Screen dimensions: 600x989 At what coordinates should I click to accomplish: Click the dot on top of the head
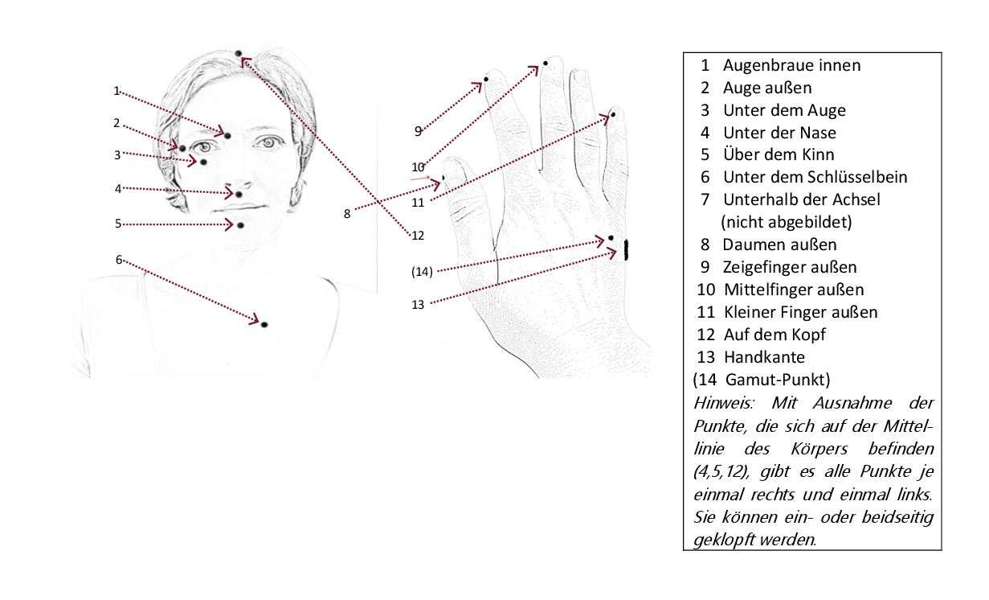tap(239, 54)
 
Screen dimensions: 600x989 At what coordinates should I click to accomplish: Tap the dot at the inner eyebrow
tap(227, 135)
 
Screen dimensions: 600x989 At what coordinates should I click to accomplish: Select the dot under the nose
tap(239, 195)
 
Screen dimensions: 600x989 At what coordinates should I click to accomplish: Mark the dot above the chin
tap(239, 225)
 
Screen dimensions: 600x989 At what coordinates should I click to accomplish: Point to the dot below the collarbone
tap(264, 324)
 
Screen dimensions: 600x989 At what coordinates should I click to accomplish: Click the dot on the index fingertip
tap(487, 80)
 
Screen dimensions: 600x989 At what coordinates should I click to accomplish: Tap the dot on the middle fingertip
tap(546, 63)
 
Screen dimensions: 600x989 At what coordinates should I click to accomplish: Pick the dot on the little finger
tap(613, 115)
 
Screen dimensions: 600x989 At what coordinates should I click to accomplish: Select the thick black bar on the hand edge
tap(626, 250)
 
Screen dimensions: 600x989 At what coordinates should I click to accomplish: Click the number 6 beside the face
tap(119, 259)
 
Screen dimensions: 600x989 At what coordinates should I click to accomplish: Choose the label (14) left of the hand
tap(422, 272)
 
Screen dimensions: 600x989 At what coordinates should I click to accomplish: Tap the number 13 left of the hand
tap(416, 304)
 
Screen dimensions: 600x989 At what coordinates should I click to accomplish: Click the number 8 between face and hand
tap(347, 214)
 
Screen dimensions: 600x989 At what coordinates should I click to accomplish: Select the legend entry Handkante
tap(764, 356)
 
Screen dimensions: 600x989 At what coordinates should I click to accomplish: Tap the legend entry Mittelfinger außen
tap(793, 289)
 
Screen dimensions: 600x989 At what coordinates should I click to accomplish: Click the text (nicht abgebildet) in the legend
tap(786, 221)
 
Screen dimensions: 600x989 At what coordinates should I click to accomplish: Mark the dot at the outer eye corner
tap(182, 148)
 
